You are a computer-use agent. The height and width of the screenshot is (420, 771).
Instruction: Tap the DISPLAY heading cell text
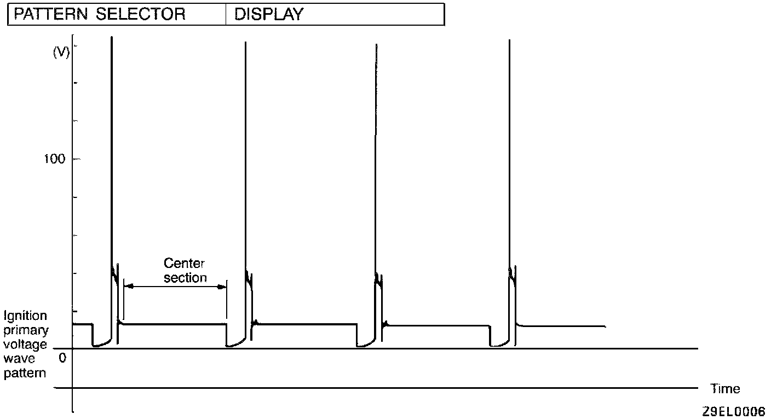pyautogui.click(x=268, y=15)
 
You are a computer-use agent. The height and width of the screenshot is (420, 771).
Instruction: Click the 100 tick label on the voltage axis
pyautogui.click(x=55, y=159)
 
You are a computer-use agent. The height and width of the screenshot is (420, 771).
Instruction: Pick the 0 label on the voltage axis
pyautogui.click(x=62, y=358)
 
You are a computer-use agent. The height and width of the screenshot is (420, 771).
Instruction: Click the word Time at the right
pyautogui.click(x=725, y=389)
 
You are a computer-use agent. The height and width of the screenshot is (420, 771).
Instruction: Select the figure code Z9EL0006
pyautogui.click(x=734, y=411)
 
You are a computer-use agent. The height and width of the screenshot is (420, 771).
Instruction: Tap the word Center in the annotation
pyautogui.click(x=184, y=264)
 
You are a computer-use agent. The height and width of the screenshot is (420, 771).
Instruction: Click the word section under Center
pyautogui.click(x=186, y=278)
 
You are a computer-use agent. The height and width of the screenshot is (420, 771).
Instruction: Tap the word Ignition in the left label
pyautogui.click(x=25, y=316)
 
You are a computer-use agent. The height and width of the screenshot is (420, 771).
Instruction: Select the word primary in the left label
pyautogui.click(x=26, y=330)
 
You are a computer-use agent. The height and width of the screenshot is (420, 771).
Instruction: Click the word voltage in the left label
pyautogui.click(x=25, y=345)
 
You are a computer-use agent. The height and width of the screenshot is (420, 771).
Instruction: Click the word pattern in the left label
pyautogui.click(x=25, y=374)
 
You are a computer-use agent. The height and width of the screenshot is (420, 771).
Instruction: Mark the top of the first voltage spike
pyautogui.click(x=112, y=37)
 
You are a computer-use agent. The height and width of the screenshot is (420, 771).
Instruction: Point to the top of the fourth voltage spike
pyautogui.click(x=510, y=39)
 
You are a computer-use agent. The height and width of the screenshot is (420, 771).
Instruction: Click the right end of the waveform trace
pyautogui.click(x=605, y=326)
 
